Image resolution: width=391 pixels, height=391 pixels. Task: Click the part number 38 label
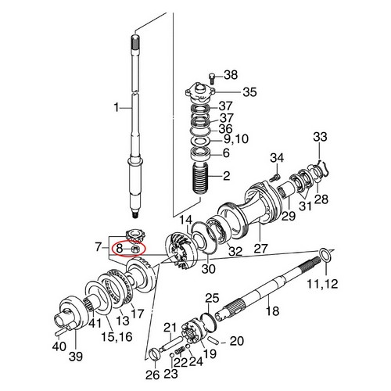click(231, 75)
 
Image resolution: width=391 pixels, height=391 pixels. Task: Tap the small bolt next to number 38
click(212, 78)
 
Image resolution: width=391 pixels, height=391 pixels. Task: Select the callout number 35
click(249, 92)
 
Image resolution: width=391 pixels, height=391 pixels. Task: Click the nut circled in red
click(136, 249)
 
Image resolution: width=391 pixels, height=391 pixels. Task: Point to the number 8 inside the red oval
click(119, 249)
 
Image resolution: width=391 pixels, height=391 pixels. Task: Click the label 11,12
click(322, 283)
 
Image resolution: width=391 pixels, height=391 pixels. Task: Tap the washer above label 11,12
click(325, 256)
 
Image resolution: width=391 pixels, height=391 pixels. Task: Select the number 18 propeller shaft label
click(272, 311)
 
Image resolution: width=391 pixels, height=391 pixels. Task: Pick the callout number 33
click(320, 137)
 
